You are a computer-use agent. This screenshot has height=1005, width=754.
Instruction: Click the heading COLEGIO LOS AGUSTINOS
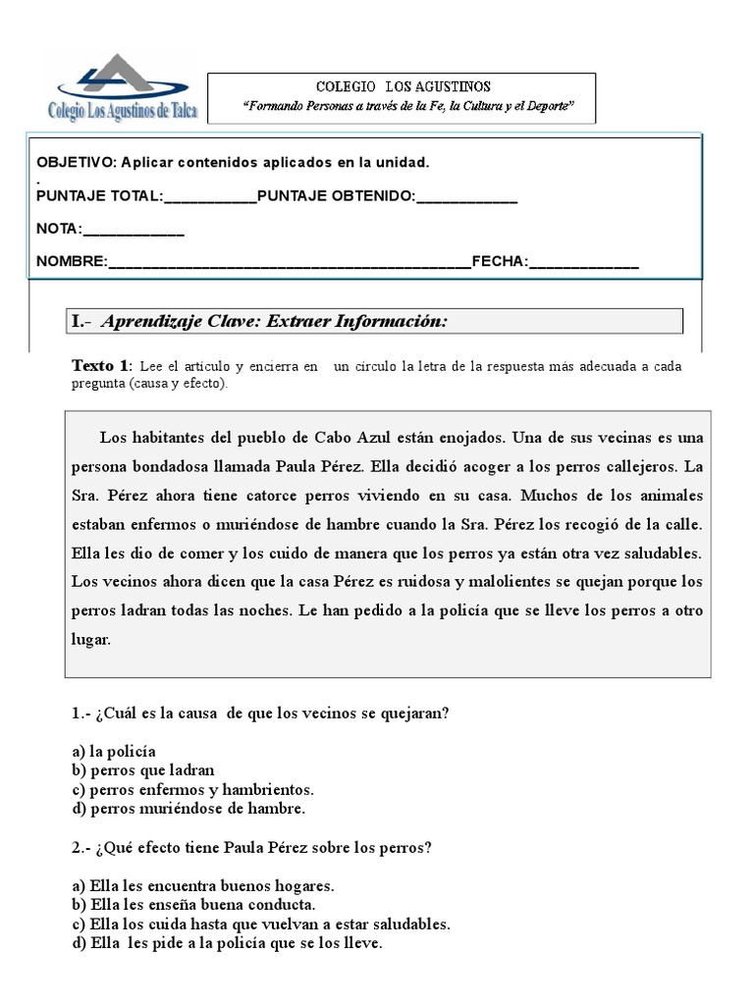pyautogui.click(x=403, y=87)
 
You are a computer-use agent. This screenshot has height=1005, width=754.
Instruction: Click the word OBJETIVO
pyautogui.click(x=75, y=161)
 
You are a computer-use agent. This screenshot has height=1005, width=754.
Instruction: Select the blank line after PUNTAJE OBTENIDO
pyautogui.click(x=466, y=197)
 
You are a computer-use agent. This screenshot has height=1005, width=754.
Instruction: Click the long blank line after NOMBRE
pyautogui.click(x=290, y=262)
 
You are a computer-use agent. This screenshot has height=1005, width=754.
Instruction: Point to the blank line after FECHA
pyautogui.click(x=583, y=262)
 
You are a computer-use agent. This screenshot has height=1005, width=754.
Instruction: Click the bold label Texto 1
pyautogui.click(x=100, y=366)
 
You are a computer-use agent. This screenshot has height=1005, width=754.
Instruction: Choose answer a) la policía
pyautogui.click(x=114, y=751)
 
